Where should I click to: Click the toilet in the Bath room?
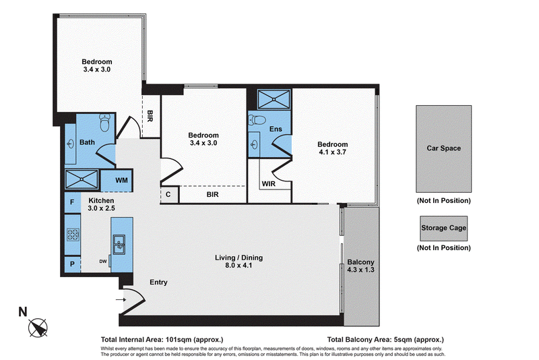point(105,123)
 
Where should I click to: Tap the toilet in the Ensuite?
point(257,120)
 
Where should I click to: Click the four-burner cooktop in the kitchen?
point(73,235)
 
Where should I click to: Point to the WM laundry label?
point(121,180)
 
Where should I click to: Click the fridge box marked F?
point(73,202)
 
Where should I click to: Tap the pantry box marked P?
point(73,264)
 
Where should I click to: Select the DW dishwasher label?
point(103,262)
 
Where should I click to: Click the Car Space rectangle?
point(444,149)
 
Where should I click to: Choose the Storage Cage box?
point(444,229)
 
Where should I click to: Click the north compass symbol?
point(38,328)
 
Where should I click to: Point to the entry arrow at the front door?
point(121,300)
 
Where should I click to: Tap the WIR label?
point(268,184)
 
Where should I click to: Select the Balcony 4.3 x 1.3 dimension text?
point(360,270)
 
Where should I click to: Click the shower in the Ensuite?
point(274,99)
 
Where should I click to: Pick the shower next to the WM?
point(82,179)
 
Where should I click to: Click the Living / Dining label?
point(239,258)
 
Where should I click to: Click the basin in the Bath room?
point(71,144)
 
